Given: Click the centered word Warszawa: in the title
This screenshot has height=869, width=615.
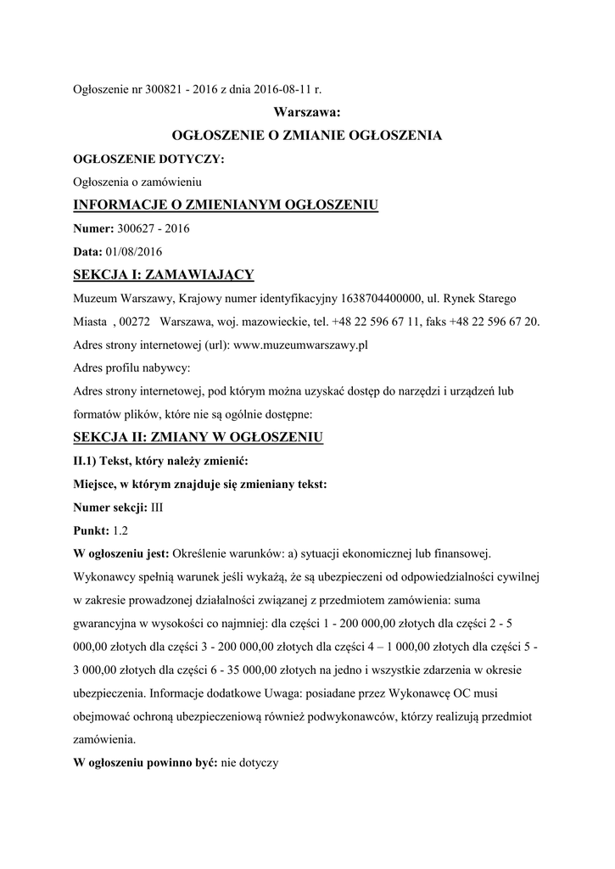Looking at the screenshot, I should coord(307,111).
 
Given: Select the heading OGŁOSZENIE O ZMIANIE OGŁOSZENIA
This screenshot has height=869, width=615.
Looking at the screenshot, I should coord(307,134).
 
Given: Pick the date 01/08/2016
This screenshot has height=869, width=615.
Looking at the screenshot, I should coord(133,251).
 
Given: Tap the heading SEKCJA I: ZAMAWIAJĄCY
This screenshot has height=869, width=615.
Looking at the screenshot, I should coord(164,275).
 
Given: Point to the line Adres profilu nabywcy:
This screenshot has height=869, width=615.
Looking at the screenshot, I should coord(131,368).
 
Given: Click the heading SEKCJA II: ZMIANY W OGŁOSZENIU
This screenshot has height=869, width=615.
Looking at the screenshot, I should coord(198,438).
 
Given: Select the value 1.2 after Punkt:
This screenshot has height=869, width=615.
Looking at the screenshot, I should coord(120,531).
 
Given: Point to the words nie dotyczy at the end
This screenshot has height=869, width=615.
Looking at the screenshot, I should coord(249,762).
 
